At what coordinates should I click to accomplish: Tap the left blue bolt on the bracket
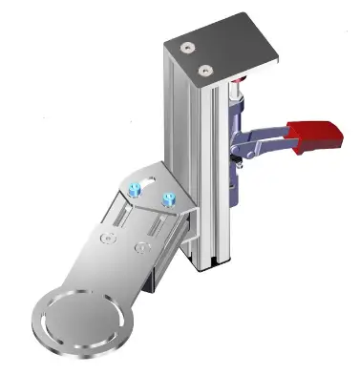coord(137,187)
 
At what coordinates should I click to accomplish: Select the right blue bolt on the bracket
coord(170,199)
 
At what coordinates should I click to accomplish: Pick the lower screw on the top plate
coord(204,69)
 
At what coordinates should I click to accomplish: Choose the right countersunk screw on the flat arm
coord(142,248)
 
